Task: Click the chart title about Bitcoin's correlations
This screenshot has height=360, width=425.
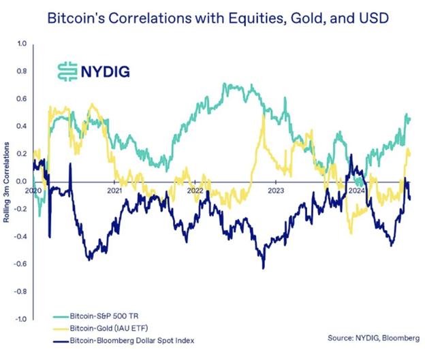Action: coord(212,18)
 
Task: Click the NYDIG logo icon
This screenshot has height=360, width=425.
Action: coord(66,71)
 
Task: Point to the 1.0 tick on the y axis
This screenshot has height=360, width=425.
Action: coord(20,44)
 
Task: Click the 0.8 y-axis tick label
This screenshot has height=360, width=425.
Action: coord(20,71)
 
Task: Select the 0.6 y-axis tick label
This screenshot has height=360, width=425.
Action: coord(20,99)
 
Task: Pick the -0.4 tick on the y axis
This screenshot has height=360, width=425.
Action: coord(20,236)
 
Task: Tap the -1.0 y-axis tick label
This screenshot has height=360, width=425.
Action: coord(20,318)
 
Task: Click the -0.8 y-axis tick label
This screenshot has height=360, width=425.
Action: coord(20,291)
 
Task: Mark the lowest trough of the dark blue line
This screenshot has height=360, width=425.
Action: coord(262,267)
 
